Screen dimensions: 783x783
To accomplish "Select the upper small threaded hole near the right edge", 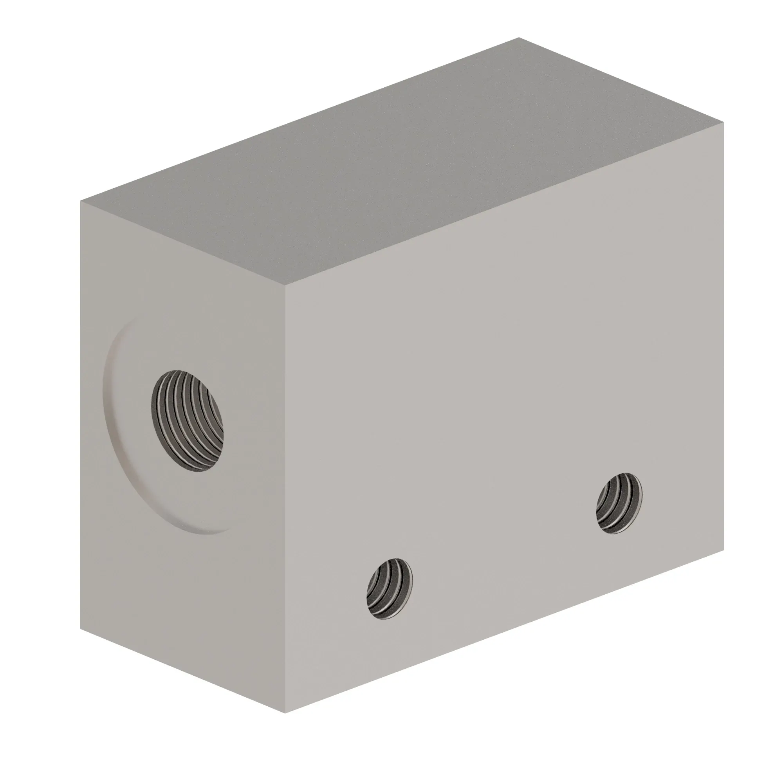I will point(619,503).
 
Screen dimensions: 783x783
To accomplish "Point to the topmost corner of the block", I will point(519,38).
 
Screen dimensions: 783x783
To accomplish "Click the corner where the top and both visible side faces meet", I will point(285,285).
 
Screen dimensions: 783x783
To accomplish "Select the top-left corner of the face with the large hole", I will point(81,200).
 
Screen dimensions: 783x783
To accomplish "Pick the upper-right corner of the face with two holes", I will point(723,124).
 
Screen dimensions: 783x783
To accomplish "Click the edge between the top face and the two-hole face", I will point(505,204).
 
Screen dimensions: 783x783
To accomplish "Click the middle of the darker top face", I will point(401,162).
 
